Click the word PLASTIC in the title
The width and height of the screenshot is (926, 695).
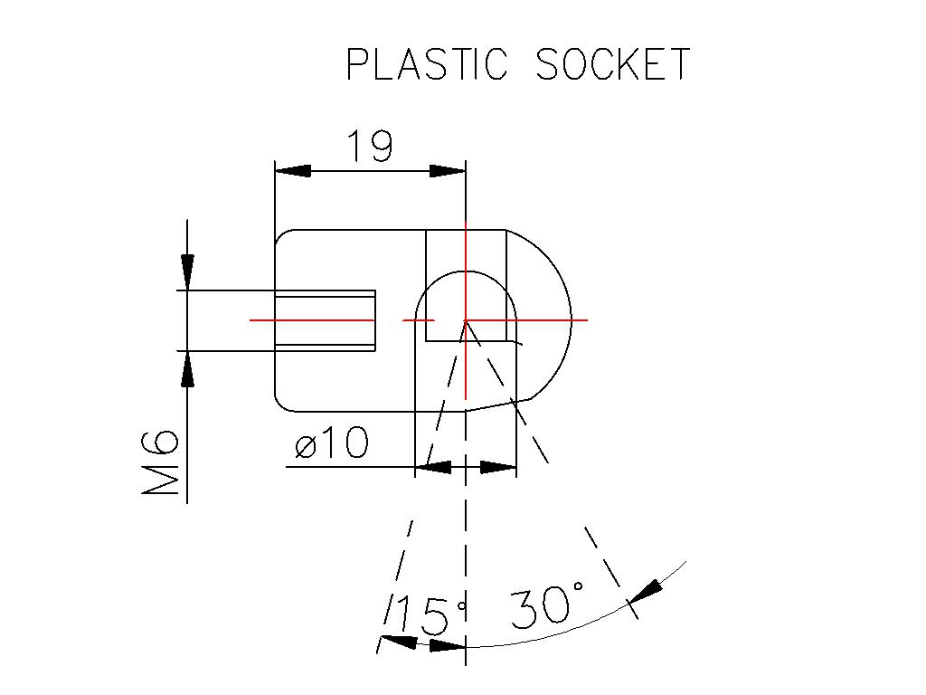[x=427, y=64]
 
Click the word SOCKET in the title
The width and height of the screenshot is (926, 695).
[x=613, y=64]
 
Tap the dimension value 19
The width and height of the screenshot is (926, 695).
[x=370, y=146]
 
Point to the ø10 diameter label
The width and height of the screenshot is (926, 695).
[x=332, y=443]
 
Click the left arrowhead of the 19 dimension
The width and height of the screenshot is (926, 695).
[x=293, y=171]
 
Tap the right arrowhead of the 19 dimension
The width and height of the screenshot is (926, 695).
[x=448, y=171]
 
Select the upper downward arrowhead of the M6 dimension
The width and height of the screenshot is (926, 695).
[x=187, y=272]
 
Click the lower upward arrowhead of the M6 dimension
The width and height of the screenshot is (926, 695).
[x=187, y=369]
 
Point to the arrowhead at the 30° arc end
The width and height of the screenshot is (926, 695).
[x=645, y=592]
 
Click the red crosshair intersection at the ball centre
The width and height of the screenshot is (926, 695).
[x=466, y=320]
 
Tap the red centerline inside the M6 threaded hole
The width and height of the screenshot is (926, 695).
[x=312, y=320]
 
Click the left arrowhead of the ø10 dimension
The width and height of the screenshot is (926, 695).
[x=433, y=467]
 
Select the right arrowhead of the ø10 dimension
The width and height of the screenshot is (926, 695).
[x=498, y=467]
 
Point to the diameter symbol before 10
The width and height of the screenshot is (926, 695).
[x=307, y=447]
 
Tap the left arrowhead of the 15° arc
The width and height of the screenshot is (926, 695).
[x=398, y=641]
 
